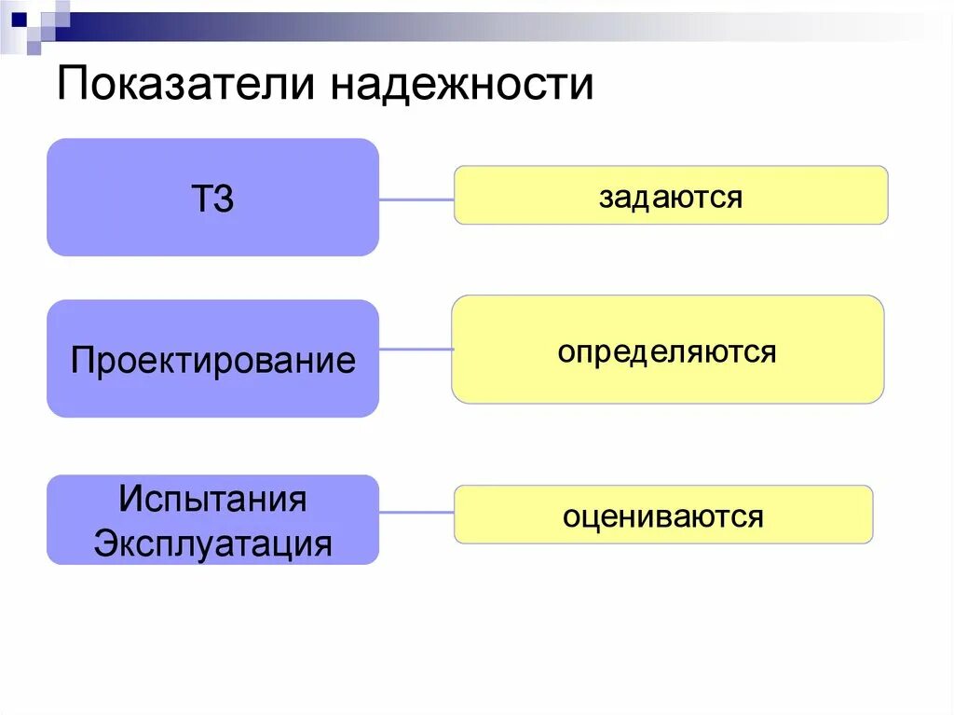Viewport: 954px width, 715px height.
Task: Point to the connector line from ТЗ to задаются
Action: click(x=416, y=199)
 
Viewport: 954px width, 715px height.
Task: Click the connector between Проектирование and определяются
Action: click(x=416, y=350)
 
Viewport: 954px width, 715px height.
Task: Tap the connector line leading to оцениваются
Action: click(x=416, y=512)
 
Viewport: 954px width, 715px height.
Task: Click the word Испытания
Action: click(x=212, y=499)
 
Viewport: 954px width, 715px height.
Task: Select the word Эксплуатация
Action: click(x=212, y=543)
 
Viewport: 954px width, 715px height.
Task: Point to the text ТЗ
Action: click(x=212, y=199)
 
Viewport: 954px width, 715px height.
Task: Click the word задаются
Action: click(x=670, y=197)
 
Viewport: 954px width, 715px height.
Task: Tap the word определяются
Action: click(x=667, y=352)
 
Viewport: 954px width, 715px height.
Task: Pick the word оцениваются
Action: click(x=662, y=516)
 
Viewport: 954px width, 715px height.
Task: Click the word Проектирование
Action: click(x=212, y=360)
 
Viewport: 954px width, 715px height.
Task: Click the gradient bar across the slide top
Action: click(x=466, y=18)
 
